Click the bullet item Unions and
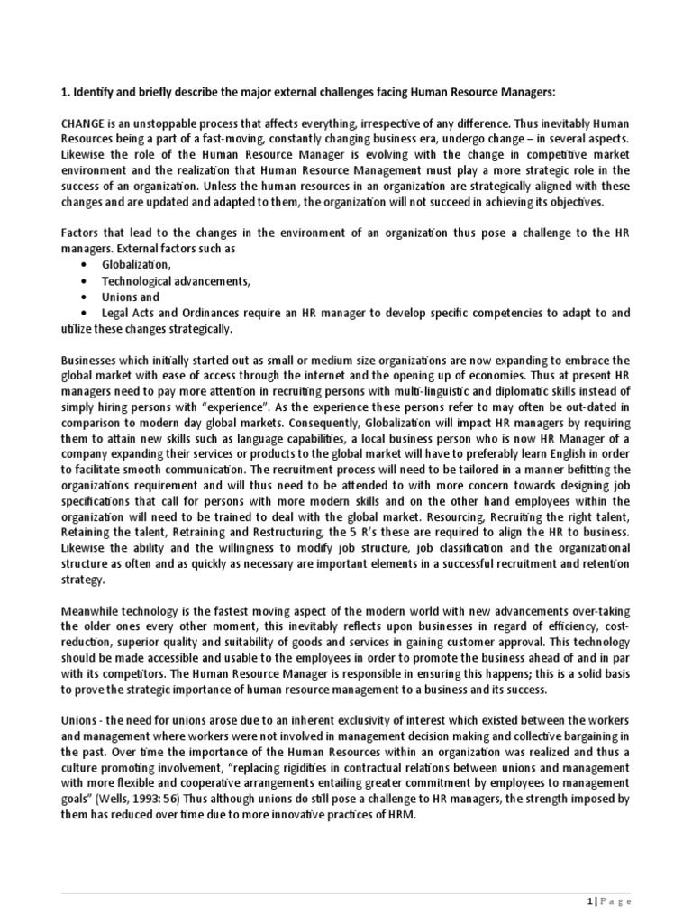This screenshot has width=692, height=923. tap(131, 297)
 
